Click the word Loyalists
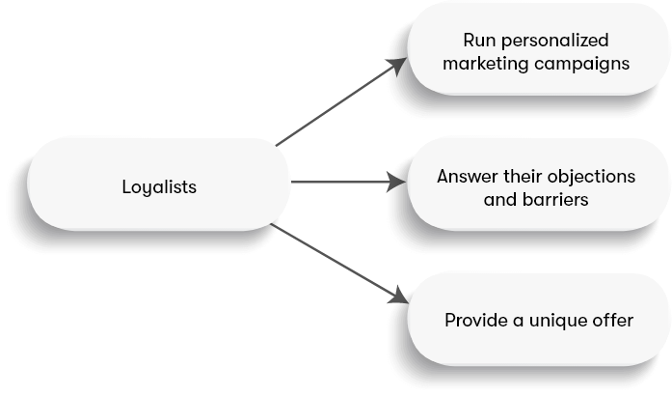(x=159, y=186)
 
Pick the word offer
(x=612, y=320)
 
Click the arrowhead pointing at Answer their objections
(x=396, y=182)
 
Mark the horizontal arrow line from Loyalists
(x=337, y=182)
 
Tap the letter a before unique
(x=518, y=321)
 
